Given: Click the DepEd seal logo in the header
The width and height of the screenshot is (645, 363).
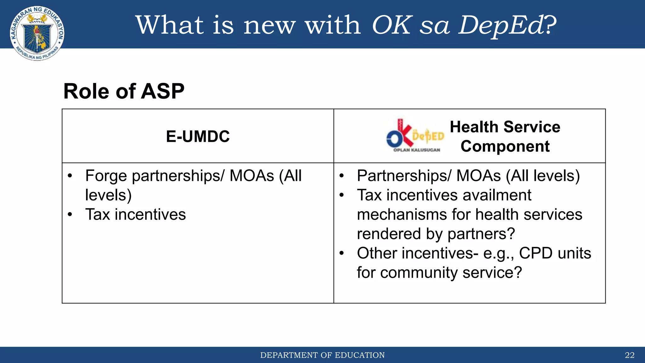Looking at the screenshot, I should [37, 33].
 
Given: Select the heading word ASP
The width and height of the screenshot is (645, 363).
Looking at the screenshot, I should [163, 91].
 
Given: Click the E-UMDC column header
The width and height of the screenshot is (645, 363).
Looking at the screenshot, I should [198, 136].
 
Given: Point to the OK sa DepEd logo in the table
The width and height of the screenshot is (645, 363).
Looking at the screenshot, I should [415, 136].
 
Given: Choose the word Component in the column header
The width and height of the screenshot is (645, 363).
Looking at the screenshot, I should [505, 147].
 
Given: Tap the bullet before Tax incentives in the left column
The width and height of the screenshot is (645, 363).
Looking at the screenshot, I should [70, 215].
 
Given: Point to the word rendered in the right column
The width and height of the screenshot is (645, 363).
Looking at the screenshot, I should [389, 234].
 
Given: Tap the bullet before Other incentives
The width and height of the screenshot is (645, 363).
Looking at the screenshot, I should [342, 253].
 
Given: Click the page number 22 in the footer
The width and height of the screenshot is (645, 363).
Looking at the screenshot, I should [630, 355].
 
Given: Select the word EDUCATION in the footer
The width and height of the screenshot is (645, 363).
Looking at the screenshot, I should [360, 355].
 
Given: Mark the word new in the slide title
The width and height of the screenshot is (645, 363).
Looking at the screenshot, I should [270, 25].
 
